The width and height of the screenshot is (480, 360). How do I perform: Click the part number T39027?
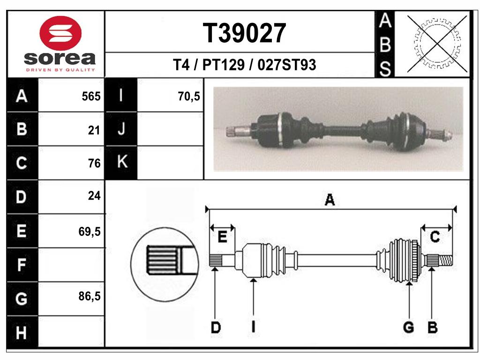click(244, 33)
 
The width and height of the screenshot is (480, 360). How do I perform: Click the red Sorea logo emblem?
click(60, 33)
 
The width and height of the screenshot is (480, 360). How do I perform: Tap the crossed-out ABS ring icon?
click(437, 44)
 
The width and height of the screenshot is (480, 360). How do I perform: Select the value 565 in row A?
click(91, 97)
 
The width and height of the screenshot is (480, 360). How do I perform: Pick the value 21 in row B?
click(94, 130)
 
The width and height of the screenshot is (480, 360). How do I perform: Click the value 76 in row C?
click(94, 163)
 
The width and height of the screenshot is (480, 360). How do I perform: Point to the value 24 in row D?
click(94, 195)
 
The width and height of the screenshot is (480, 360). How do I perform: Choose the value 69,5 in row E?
click(90, 232)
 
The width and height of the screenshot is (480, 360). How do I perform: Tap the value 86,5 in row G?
click(90, 296)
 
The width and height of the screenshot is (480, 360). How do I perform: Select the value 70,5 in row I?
click(189, 97)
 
